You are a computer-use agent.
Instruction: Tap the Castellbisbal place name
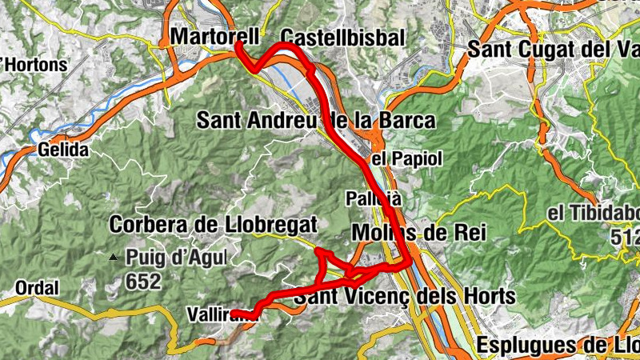click(x=343, y=38)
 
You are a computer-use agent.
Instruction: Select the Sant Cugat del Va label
click(x=553, y=49)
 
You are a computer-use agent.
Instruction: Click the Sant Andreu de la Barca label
click(x=316, y=121)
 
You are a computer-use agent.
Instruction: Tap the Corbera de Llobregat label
click(x=214, y=225)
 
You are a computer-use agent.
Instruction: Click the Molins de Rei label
click(x=419, y=232)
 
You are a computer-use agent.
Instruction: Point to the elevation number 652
click(x=143, y=282)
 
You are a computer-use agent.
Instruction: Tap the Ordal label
click(x=37, y=288)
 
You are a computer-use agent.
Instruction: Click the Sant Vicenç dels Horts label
click(x=404, y=296)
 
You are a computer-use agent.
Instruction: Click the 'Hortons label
click(x=34, y=64)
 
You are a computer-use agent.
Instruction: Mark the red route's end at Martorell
click(x=237, y=46)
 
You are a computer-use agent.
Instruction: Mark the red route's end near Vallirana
click(x=234, y=313)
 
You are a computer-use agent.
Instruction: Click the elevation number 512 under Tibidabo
click(x=624, y=238)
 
